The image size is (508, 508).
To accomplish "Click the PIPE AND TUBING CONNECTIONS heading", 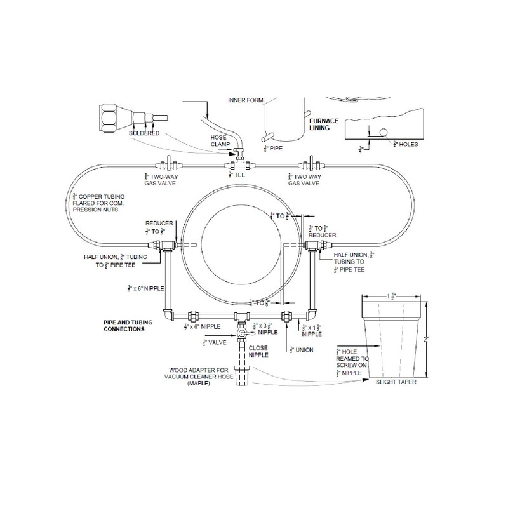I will tap(125, 326).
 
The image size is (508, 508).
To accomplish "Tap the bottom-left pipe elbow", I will tap(167, 316).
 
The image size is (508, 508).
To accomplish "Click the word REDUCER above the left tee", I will tap(156, 223).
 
